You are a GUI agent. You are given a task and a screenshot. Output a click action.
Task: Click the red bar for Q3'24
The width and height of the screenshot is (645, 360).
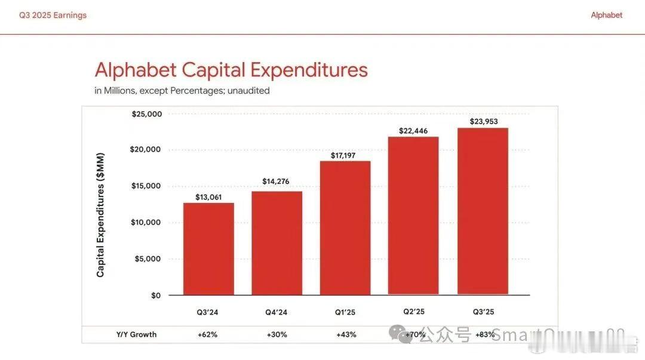[x=208, y=249]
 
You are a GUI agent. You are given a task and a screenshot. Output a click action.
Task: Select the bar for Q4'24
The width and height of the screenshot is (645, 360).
[x=277, y=243]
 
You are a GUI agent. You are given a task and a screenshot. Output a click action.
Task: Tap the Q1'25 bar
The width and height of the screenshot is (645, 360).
[x=345, y=228]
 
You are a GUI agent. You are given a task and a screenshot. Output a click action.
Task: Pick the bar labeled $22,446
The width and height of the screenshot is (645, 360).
[x=413, y=216]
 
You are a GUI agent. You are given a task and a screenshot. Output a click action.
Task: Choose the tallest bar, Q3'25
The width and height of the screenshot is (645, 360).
[x=483, y=211]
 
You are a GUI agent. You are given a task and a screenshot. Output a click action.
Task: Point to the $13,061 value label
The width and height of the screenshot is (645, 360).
[x=208, y=197]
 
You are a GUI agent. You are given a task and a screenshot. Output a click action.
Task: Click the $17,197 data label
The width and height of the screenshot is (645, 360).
[x=345, y=155]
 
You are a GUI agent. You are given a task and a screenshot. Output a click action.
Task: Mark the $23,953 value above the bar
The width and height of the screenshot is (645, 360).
[x=483, y=122]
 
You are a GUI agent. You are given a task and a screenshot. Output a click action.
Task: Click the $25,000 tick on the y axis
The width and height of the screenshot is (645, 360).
[x=146, y=114]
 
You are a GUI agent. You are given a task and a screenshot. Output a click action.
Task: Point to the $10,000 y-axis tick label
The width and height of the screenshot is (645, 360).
[x=146, y=222]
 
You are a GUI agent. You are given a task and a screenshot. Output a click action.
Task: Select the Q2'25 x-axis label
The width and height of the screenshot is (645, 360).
[x=413, y=311]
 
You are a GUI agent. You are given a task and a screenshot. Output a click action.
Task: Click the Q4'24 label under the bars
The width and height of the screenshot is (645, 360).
[x=277, y=312]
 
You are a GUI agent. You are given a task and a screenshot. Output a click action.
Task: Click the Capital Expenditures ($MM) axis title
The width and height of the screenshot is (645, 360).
[x=100, y=216]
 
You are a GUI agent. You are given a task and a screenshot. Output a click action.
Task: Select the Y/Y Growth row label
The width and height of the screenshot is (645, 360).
[x=136, y=334]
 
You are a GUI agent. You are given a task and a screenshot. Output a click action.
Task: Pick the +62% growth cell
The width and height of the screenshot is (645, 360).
[x=207, y=334]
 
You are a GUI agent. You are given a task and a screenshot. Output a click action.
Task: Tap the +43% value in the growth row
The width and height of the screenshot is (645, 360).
[x=346, y=334]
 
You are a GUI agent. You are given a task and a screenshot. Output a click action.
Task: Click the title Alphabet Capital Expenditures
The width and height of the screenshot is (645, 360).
[x=231, y=70]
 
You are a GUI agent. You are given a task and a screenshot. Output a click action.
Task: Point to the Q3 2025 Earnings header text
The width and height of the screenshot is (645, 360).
[x=53, y=16]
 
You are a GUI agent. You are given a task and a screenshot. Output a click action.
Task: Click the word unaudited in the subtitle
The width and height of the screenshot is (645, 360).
[x=248, y=91]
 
